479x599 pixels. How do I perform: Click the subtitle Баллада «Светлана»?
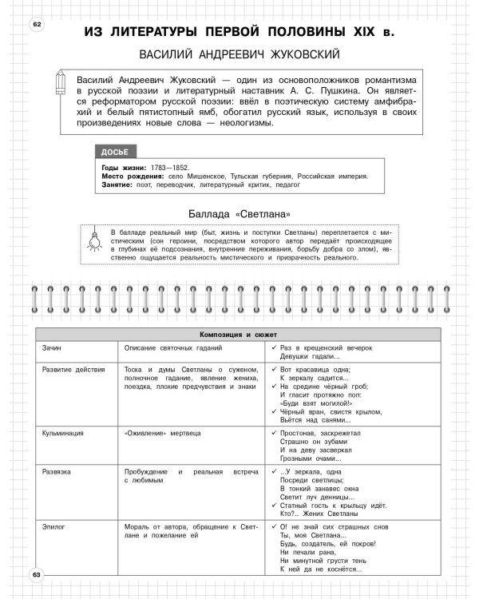pos(239,213)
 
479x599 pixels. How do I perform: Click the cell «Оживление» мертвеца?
pos(163,432)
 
